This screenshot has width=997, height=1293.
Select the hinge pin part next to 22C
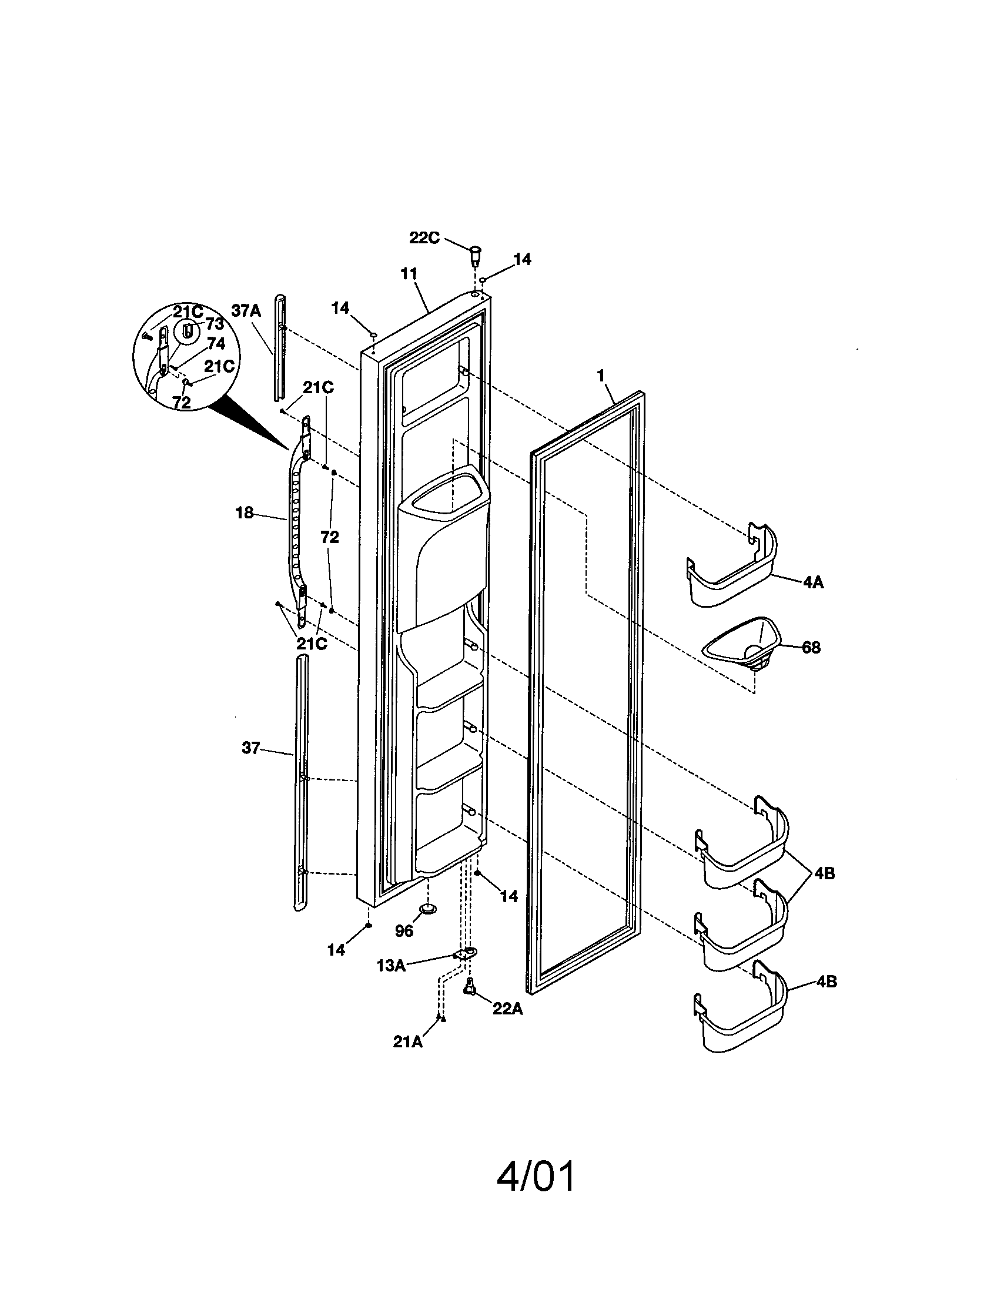tap(474, 256)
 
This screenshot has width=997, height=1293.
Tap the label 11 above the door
tap(409, 274)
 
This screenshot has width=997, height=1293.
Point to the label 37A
tap(246, 310)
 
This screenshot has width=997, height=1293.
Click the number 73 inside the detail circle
tap(215, 324)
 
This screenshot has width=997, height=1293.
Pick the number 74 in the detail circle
tap(216, 344)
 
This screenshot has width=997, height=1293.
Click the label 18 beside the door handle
tap(245, 512)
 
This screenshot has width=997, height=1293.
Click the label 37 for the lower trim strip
tap(251, 748)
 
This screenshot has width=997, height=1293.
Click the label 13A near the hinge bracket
tap(391, 966)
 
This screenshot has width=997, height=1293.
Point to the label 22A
tap(507, 1009)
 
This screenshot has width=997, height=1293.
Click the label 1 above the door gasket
tap(600, 376)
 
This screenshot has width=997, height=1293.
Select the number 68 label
tap(811, 648)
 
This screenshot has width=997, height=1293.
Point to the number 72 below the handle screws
tap(329, 537)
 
